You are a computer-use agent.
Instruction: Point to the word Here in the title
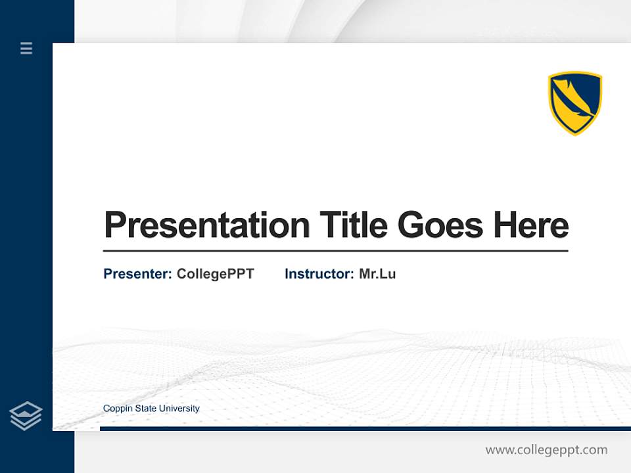coord(531,225)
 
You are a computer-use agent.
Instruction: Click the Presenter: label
coord(138,274)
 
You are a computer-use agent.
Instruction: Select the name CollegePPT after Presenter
coord(215,274)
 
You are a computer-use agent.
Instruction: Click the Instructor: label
coord(319,274)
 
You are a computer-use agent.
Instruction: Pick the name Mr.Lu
coord(377,274)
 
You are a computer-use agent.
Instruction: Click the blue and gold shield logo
coord(575,103)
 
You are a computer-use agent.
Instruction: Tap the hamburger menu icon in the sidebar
coord(26,48)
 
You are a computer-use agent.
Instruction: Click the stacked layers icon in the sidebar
coord(26,416)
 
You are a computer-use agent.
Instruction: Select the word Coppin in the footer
coord(116,409)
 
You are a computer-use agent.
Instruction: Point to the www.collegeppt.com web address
coord(546,450)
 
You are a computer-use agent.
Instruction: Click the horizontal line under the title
coord(335,251)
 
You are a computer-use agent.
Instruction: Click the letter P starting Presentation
coord(114,225)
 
